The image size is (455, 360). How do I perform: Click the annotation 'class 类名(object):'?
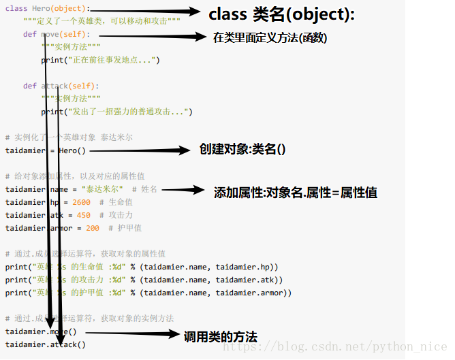[x=281, y=14]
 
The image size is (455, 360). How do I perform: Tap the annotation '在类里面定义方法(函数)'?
[x=270, y=38]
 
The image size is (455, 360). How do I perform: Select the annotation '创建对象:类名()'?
[x=242, y=149]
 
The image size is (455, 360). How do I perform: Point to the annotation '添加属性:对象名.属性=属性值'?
[x=296, y=193]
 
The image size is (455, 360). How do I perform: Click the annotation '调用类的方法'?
[x=221, y=336]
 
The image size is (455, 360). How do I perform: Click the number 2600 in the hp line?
[x=80, y=202]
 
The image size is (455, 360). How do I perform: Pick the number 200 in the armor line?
[x=93, y=228]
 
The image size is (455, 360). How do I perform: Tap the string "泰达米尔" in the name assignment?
[x=101, y=189]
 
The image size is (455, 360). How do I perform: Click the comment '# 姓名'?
[x=144, y=189]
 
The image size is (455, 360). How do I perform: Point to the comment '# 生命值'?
[x=116, y=202]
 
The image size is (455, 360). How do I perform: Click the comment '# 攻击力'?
[x=116, y=215]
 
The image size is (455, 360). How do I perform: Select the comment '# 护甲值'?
[x=125, y=228]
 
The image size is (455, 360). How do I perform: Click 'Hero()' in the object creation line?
[x=72, y=150]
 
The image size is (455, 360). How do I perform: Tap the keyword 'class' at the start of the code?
[x=16, y=8]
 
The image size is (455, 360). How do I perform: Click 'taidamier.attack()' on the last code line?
[x=46, y=344]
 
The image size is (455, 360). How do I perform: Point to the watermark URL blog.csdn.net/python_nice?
[x=335, y=347]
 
